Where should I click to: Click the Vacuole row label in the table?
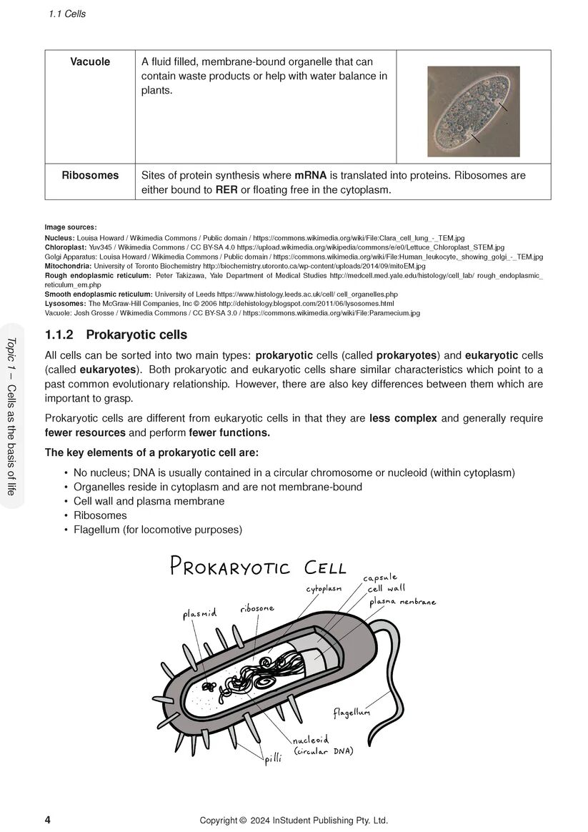(90, 62)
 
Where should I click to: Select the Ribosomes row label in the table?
(90, 175)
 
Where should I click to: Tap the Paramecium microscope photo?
(473, 111)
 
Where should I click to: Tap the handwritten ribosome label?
(257, 608)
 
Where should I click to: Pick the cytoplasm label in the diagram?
(324, 588)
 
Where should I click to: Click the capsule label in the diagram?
(379, 578)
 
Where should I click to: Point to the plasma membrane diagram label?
(402, 602)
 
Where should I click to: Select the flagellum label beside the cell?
(352, 712)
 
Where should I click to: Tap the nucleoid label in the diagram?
(311, 741)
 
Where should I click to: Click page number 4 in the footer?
(48, 820)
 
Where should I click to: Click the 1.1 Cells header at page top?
(67, 14)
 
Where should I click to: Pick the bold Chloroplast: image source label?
(66, 247)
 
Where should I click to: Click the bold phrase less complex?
(403, 418)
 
